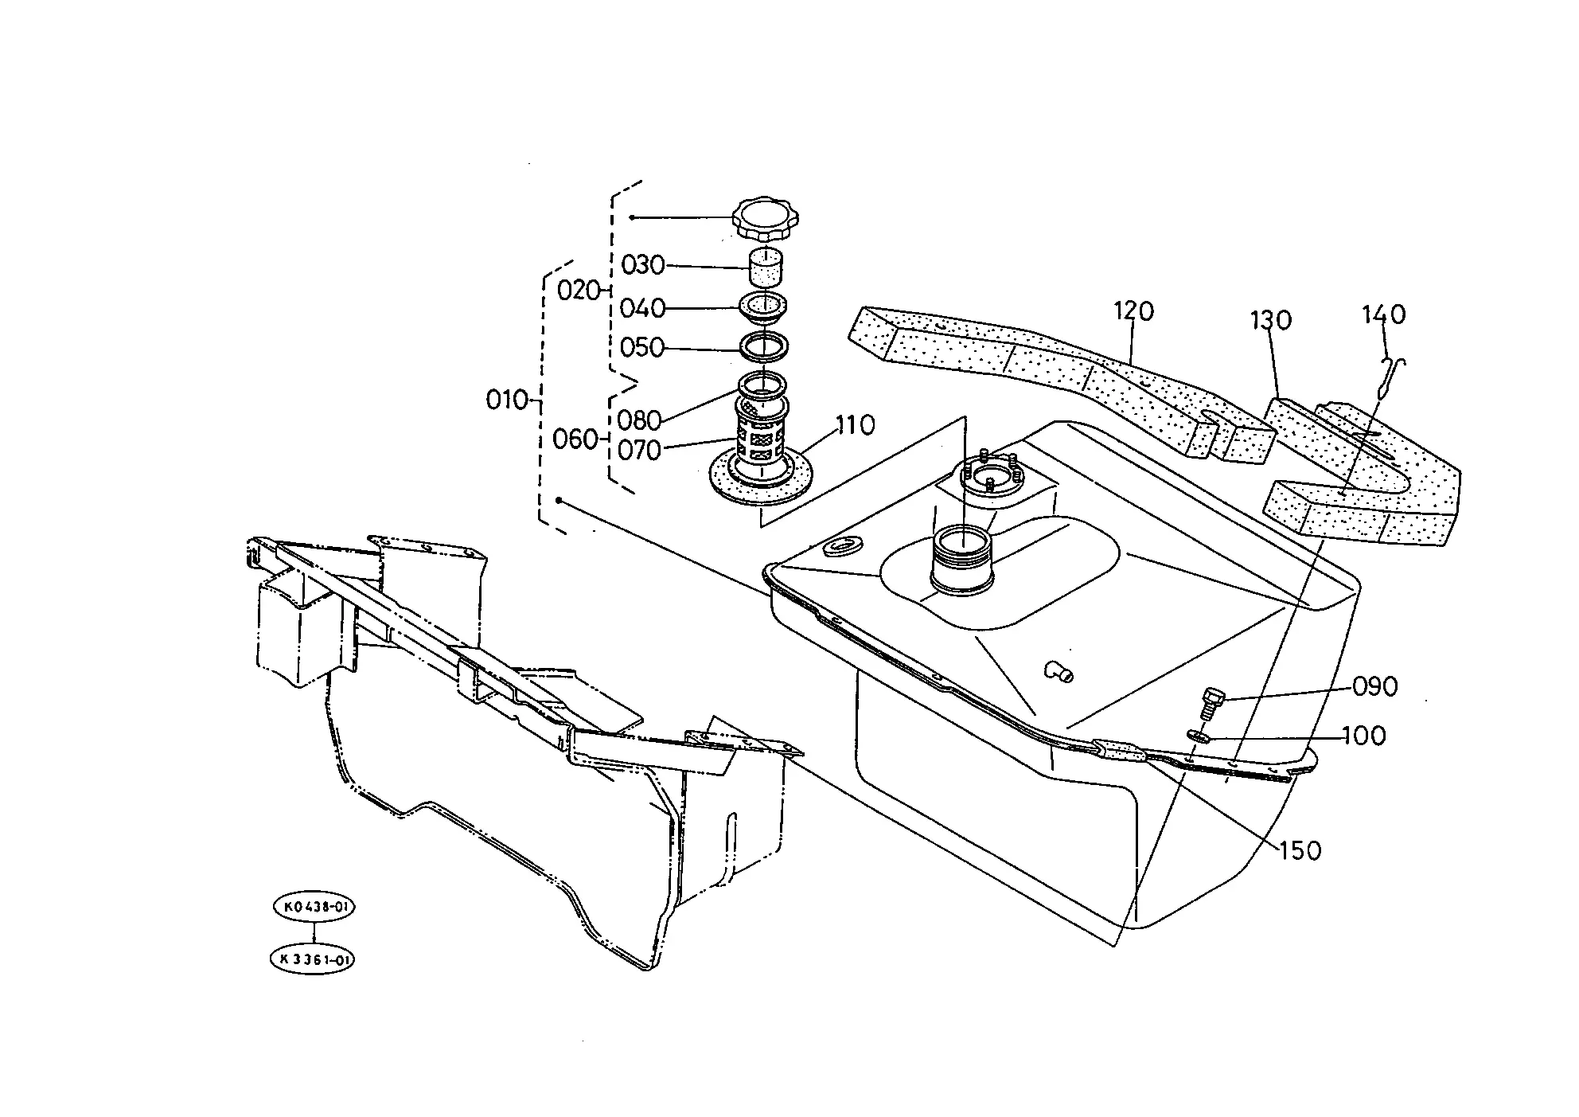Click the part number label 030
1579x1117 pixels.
[642, 265]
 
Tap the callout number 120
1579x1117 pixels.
[1133, 310]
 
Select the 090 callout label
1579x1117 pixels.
[1375, 686]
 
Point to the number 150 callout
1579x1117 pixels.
[1300, 851]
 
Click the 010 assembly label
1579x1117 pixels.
[508, 400]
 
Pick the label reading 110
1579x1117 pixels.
[855, 425]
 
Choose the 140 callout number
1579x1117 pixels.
[1384, 314]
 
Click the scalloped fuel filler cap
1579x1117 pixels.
[765, 218]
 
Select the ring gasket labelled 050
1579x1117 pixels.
[765, 346]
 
